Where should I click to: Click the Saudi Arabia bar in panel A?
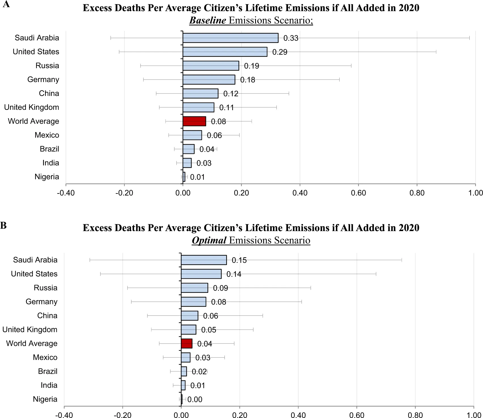(230, 38)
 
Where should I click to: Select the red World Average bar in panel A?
(194, 121)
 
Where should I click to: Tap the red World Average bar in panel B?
(187, 344)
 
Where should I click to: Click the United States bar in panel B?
(201, 274)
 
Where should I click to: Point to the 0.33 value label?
(291, 38)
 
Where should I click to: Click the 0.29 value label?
(280, 52)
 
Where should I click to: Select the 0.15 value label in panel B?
(239, 260)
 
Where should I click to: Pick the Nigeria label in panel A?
(47, 177)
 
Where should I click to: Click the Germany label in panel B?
(41, 302)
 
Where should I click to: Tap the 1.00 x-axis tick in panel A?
(475, 193)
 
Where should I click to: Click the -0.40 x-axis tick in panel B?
(64, 415)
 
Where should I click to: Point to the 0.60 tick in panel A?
(358, 193)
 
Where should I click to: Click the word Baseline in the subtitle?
(207, 20)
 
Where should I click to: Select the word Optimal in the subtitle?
(209, 240)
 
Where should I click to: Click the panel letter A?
(6, 4)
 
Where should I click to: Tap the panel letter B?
(4, 225)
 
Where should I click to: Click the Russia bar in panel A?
(211, 66)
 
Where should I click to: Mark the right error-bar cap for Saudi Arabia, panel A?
(469, 38)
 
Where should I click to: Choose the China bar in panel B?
(190, 315)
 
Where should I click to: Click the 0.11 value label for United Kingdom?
(227, 108)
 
